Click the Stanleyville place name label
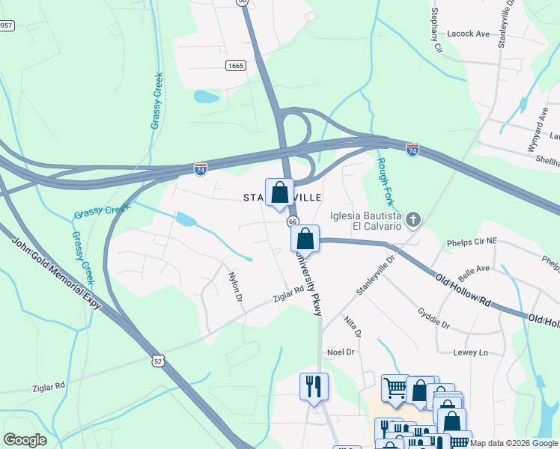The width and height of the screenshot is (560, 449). (284, 197)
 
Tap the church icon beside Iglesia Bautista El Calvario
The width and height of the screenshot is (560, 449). (412, 219)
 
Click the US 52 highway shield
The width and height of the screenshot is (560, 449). (157, 360)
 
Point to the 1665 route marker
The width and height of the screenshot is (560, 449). (236, 66)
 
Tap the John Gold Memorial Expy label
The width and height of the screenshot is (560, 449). (53, 276)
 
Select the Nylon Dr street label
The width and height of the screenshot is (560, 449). (235, 287)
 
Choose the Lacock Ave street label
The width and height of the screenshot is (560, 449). (468, 34)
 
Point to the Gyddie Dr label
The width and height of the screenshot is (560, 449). (433, 320)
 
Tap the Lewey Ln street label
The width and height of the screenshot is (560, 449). (470, 352)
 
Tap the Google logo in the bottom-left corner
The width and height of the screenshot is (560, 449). (25, 440)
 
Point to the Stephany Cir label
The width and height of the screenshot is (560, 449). (436, 31)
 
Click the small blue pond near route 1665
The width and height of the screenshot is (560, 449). (205, 97)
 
